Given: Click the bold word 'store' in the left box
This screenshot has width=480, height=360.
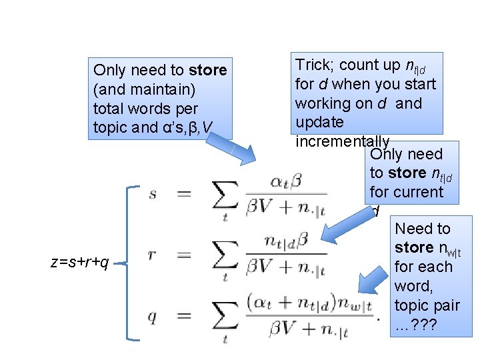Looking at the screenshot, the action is [x=208, y=70].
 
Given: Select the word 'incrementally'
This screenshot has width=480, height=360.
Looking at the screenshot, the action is [x=342, y=141].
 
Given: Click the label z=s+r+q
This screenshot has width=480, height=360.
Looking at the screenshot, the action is [x=80, y=263].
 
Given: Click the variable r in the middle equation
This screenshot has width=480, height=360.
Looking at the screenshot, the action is [x=153, y=255].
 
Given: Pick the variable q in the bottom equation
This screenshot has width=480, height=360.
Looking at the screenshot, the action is [x=153, y=317].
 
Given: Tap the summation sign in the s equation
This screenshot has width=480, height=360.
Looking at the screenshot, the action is [x=223, y=195].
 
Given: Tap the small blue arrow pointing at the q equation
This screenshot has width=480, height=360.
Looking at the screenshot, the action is [x=373, y=283].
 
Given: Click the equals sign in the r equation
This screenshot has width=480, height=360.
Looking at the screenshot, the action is [x=185, y=256].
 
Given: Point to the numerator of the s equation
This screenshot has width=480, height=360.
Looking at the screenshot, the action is [x=287, y=180].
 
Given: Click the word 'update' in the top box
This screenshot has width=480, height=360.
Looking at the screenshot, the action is [x=319, y=122].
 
